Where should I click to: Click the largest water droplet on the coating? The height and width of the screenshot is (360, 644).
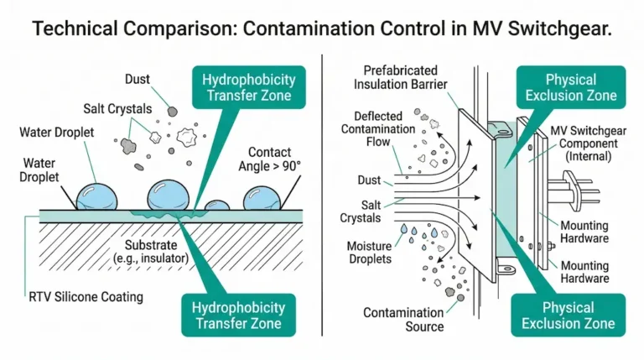[170, 196]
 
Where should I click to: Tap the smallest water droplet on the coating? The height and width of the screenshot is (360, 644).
[217, 206]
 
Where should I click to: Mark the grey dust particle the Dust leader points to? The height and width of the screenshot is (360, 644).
[171, 110]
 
